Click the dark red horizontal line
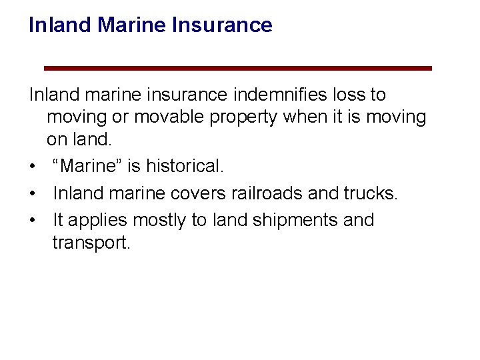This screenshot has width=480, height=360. pyautogui.click(x=237, y=68)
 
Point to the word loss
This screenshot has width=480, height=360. pyautogui.click(x=351, y=95)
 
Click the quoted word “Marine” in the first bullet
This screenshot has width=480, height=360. pyautogui.click(x=83, y=166)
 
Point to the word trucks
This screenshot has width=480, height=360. pyautogui.click(x=370, y=193)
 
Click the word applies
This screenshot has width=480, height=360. pyautogui.click(x=99, y=221)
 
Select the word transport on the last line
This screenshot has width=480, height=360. pyautogui.click(x=91, y=243)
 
